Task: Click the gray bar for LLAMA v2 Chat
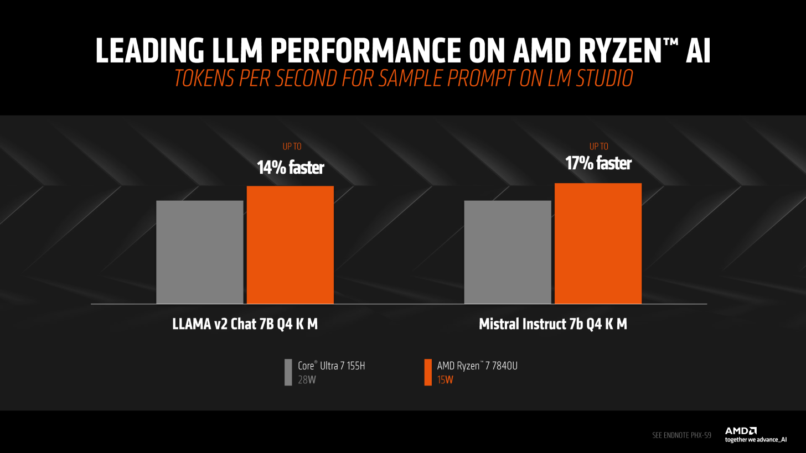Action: coord(199,252)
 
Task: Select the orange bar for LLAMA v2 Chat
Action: coord(290,244)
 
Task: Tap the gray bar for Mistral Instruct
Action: coord(507,252)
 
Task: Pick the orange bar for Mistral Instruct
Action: coord(598,243)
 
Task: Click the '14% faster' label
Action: coord(290,168)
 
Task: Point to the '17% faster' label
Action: coord(598,163)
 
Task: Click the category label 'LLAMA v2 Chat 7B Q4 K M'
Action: coord(245,324)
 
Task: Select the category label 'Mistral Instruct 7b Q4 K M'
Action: coord(552,324)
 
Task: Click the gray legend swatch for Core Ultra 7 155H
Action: coord(288,372)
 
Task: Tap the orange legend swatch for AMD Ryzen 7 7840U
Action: coord(427,372)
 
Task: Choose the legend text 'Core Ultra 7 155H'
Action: coord(331,366)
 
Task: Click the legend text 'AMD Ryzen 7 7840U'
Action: coord(477,366)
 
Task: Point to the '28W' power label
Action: coord(307,380)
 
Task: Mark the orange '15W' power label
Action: coord(445,380)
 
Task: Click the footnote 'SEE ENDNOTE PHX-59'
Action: coord(681,435)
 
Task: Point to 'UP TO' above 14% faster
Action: coord(292,147)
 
